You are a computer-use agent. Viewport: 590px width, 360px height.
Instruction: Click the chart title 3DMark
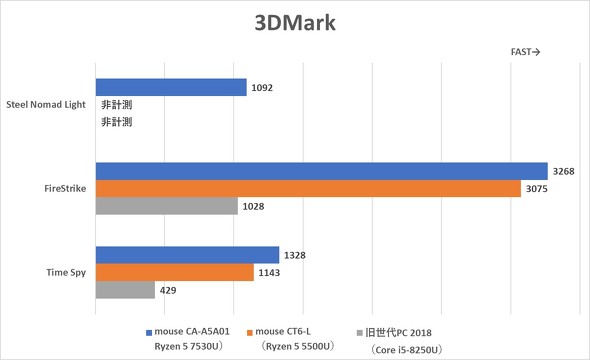coord(294,21)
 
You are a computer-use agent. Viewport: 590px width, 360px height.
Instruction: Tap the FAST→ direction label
coord(526,53)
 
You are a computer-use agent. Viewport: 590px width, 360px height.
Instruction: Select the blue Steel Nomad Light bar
coord(170,87)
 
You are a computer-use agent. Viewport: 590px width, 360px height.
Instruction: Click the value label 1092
coord(263,88)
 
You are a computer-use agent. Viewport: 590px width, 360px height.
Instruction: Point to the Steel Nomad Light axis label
coord(46,104)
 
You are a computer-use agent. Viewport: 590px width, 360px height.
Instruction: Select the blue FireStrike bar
coord(321,171)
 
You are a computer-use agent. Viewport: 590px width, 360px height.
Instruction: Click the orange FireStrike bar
coord(308,188)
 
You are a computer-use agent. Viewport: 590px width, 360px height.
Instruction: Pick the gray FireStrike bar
coord(166,205)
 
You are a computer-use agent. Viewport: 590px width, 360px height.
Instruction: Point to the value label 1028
coord(255,205)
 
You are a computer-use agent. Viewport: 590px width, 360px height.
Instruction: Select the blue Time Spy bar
coord(186,255)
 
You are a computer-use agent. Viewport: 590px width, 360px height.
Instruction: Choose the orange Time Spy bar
coord(174,272)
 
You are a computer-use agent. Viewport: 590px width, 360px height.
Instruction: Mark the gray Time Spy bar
coord(125,289)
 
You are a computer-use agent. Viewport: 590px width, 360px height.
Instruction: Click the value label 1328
coord(295,255)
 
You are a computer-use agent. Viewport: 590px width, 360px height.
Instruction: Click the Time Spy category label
coord(61,272)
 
